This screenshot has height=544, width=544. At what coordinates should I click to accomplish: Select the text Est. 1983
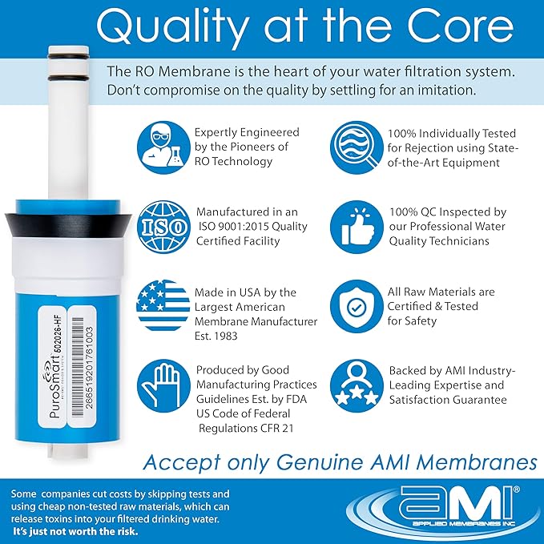click(217, 336)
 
